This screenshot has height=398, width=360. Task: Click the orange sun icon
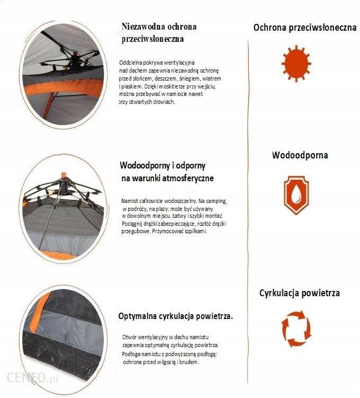click(x=296, y=64)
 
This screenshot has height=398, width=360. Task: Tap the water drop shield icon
click(x=296, y=195)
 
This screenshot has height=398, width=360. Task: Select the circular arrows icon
click(x=296, y=329)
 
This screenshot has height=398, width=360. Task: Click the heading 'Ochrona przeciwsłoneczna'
click(x=305, y=28)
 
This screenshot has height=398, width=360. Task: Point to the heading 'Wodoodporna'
click(x=300, y=155)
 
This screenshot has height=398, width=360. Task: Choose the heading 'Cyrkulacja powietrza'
click(x=300, y=293)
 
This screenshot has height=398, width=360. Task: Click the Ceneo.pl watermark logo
click(x=32, y=378)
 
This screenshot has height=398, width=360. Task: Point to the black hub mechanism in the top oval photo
click(x=74, y=60)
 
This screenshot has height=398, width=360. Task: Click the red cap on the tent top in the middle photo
click(x=64, y=175)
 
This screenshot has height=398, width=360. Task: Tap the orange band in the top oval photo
click(x=64, y=87)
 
